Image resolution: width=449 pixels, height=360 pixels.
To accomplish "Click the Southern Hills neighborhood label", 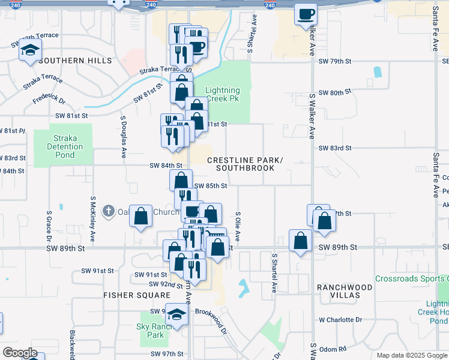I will point(75,61).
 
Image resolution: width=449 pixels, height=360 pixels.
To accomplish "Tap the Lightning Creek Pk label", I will point(223,95).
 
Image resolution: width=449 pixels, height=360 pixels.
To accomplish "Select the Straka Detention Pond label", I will point(63,146).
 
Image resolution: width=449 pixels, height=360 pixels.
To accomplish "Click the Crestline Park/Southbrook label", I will point(245,164).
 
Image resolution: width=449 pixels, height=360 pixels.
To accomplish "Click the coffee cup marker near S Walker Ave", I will point(306,13).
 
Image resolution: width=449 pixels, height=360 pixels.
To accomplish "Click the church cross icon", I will point(108,211).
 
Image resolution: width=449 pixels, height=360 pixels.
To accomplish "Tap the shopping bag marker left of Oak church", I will point(140,218).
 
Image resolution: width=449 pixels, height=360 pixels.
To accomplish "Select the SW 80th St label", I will point(335,93).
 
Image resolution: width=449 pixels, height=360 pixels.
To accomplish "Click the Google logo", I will point(20,353).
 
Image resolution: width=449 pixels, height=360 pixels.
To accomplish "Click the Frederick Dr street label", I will point(49,96).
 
